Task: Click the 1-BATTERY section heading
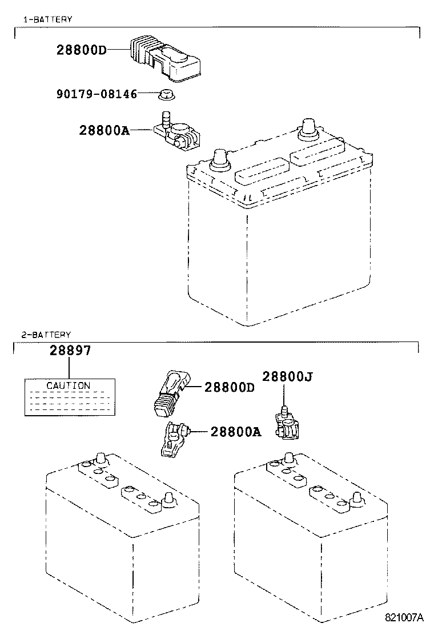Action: click(47, 19)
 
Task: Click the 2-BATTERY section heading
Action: click(46, 335)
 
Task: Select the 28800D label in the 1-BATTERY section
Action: click(82, 50)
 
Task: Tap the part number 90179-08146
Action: click(97, 94)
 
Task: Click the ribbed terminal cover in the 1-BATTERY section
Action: click(162, 58)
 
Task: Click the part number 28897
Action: click(70, 351)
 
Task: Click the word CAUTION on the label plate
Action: click(69, 385)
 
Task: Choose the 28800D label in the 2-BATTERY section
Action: click(229, 387)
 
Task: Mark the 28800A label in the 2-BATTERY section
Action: click(235, 432)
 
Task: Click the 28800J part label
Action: click(287, 376)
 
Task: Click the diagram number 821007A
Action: click(404, 617)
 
